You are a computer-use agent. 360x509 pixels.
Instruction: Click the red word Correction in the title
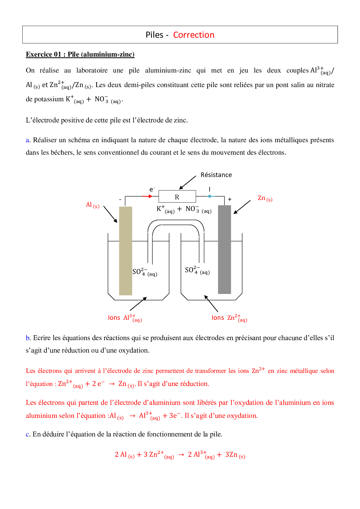(x=194, y=35)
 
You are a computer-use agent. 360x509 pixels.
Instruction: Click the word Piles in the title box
(x=154, y=35)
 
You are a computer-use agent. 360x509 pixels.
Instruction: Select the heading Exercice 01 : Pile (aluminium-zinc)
(x=80, y=55)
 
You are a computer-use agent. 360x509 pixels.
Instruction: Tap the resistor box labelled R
(x=177, y=197)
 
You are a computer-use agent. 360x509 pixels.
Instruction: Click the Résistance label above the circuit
(x=216, y=175)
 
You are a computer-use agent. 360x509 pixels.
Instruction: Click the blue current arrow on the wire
(x=211, y=196)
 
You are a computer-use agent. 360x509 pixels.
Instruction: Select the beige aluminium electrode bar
(x=126, y=251)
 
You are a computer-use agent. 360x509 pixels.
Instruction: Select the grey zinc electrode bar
(x=224, y=250)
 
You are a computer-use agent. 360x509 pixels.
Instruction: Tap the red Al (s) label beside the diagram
(x=93, y=205)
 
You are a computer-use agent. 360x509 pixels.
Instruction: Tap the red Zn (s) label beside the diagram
(x=265, y=198)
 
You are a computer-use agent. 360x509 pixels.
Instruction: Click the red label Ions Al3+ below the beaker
(x=125, y=318)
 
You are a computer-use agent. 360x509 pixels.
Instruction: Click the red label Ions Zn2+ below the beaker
(x=229, y=318)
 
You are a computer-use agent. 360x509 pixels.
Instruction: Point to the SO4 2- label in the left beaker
(x=145, y=272)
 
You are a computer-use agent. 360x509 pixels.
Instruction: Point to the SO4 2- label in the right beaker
(x=197, y=270)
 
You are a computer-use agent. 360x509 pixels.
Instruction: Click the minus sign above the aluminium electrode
(x=120, y=200)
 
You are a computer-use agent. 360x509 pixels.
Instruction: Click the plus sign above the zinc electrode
(x=230, y=199)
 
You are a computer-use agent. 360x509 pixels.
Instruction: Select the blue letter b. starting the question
(x=28, y=338)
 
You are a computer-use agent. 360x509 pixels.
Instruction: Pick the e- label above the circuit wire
(x=152, y=189)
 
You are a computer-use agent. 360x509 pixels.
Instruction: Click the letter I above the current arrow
(x=210, y=189)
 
